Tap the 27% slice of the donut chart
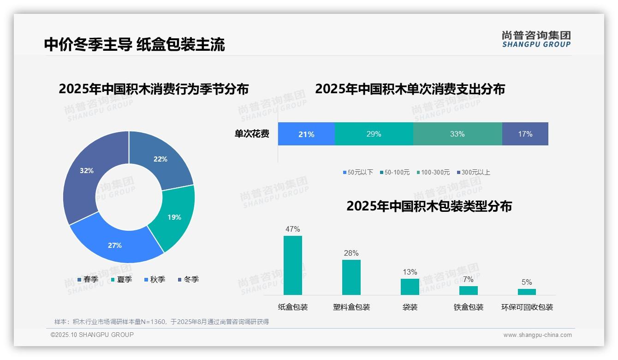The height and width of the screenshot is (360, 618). [115, 245]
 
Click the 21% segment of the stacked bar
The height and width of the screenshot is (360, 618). [306, 134]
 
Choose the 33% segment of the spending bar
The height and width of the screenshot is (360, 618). [457, 134]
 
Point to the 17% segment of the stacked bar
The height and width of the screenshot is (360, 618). [525, 134]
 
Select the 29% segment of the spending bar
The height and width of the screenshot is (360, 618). [374, 134]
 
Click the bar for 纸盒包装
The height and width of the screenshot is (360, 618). [293, 265]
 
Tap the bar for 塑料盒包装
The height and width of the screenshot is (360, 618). [351, 277]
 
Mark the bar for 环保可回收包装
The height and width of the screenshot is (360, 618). [527, 292]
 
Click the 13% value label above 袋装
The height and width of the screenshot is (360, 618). [410, 272]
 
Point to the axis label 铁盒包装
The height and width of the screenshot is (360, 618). [468, 307]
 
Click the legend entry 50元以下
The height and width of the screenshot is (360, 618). [358, 173]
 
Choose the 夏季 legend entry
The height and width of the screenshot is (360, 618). [122, 280]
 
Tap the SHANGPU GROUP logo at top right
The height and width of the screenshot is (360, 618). [536, 39]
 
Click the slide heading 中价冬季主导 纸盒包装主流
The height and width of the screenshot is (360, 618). [134, 44]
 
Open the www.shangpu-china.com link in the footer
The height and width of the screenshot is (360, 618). [537, 335]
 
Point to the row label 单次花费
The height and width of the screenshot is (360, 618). [252, 134]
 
